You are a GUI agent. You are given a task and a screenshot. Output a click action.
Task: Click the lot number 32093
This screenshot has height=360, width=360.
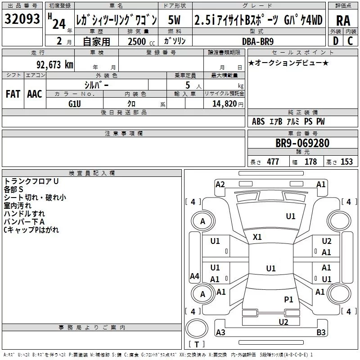point(22,19)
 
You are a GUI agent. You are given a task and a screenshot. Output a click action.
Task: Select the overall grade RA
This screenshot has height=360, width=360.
point(343,21)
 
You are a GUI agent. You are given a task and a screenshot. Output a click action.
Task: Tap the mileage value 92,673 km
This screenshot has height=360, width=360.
point(55,65)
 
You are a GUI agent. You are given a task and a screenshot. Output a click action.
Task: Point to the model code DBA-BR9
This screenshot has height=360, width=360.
point(258,41)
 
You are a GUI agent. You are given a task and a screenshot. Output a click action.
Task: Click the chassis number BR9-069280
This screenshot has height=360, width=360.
point(302,143)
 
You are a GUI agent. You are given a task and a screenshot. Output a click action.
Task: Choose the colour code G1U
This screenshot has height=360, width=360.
point(75,104)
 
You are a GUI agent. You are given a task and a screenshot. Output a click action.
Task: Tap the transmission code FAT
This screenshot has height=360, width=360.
point(13,94)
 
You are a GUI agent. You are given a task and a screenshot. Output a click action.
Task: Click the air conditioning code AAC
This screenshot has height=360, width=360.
point(35,94)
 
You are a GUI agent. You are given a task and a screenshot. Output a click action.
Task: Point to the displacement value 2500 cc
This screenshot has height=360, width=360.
point(141,41)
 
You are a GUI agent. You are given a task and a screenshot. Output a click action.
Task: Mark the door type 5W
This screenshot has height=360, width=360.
point(174,20)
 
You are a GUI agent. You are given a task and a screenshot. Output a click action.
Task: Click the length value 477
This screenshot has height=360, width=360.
point(273,162)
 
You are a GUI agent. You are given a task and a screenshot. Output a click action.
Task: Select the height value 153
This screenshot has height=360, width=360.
point(346,162)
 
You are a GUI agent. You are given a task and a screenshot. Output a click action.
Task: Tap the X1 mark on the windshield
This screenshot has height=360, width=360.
point(257,237)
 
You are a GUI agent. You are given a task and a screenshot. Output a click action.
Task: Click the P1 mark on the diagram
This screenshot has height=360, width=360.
point(288,299)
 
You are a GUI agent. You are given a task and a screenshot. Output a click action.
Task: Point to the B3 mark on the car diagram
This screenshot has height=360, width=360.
point(321,332)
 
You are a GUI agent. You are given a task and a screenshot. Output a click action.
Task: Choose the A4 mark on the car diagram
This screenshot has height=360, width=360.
point(194,276)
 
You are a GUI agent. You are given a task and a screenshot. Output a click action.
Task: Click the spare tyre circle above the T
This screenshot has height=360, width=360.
point(197,328)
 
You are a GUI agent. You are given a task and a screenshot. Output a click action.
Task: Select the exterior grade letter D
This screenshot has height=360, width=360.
point(336,41)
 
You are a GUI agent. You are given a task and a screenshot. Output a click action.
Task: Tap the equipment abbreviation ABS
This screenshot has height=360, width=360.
point(258,121)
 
